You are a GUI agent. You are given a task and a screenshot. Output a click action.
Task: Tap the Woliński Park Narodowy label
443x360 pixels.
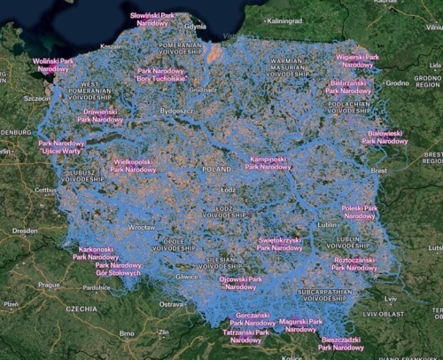(x=53, y=64)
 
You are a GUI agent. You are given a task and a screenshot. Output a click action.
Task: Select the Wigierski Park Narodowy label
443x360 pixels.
(x=357, y=60)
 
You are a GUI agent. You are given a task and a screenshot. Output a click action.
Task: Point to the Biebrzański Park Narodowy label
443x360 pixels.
(x=346, y=86)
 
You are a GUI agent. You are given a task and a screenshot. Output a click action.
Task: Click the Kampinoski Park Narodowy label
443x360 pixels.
(x=268, y=162)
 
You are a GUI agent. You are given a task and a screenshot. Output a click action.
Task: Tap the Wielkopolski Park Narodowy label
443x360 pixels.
(x=135, y=166)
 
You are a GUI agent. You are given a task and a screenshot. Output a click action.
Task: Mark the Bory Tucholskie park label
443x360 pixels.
(x=161, y=74)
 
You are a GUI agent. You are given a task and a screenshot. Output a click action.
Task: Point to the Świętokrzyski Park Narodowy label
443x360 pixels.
(x=279, y=244)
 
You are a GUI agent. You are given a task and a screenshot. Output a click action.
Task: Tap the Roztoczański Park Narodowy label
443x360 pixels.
(x=354, y=263)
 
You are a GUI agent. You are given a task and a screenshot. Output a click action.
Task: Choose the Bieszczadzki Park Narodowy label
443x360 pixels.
(x=340, y=343)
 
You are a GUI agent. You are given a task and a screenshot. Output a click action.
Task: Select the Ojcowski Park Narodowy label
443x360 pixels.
(x=240, y=283)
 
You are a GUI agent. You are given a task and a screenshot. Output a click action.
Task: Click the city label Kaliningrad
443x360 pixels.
(x=285, y=20)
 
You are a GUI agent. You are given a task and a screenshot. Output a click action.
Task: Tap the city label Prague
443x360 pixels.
(x=48, y=286)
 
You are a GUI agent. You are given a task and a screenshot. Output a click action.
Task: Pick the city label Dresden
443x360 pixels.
(x=25, y=231)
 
